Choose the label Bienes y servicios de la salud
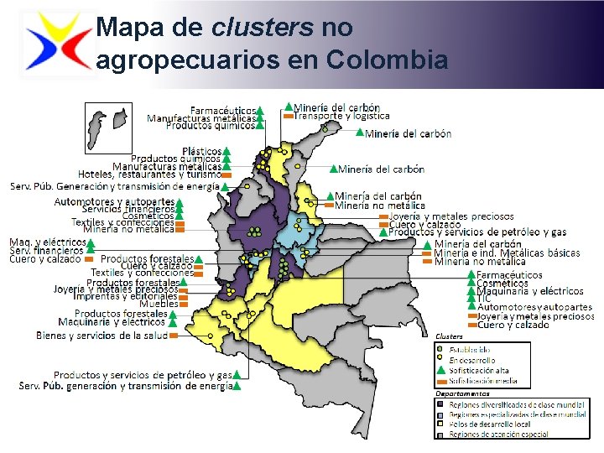tap(102, 335)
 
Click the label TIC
tap(484, 299)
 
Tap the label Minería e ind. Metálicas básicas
tap(507, 253)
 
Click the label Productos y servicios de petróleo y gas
tap(477, 232)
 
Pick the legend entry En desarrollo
tap(472, 359)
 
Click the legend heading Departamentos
tap(462, 393)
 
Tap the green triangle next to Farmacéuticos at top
tap(261, 111)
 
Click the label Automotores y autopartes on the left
tap(114, 201)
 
